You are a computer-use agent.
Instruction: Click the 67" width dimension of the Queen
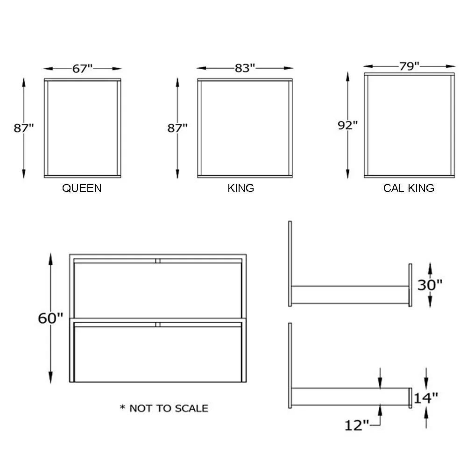(83, 69)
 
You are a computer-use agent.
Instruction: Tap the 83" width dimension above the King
(245, 69)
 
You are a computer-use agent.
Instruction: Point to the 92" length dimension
(348, 125)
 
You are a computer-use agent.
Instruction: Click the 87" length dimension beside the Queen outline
(24, 127)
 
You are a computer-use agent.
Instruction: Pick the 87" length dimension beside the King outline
(177, 127)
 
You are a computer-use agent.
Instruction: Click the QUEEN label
(82, 188)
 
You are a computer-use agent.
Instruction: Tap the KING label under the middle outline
(241, 188)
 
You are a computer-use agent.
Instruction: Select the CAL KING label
(409, 188)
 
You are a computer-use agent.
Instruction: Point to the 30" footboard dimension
(430, 284)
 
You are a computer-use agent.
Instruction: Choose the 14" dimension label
(425, 398)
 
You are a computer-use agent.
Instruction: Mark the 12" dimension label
(357, 425)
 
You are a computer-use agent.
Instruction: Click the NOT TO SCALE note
(169, 408)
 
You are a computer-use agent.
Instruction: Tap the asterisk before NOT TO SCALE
(123, 408)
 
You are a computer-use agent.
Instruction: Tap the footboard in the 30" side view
(410, 285)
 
